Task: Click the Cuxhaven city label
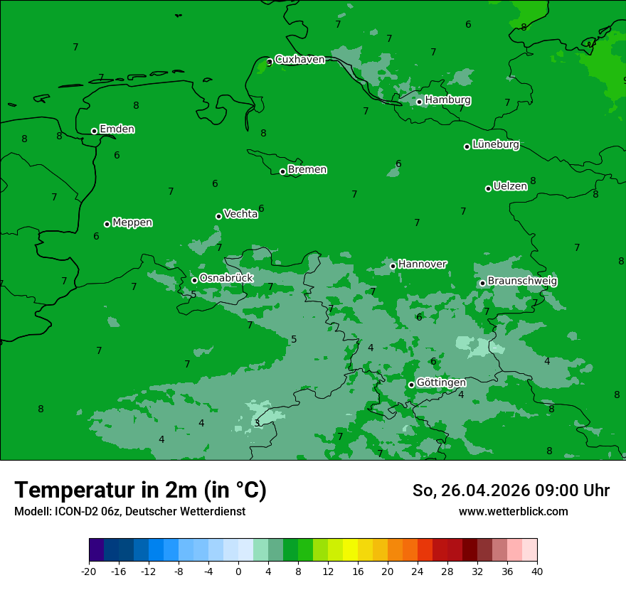(299, 60)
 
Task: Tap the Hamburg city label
(447, 100)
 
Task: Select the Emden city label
(117, 129)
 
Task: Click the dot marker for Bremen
(282, 171)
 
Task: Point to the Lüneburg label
(495, 145)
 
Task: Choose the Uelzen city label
(510, 187)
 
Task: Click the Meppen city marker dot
(107, 224)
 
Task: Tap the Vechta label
(240, 214)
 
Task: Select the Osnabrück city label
(226, 279)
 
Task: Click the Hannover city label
(422, 264)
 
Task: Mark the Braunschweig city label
(522, 281)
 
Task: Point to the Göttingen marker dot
(411, 385)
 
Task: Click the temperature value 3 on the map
(257, 423)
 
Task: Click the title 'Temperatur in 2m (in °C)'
(140, 490)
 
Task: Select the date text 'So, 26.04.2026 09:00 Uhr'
(511, 490)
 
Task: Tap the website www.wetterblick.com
(513, 512)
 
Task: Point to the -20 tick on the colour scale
(89, 572)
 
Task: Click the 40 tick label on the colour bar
(536, 572)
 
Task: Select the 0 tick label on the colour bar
(238, 572)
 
